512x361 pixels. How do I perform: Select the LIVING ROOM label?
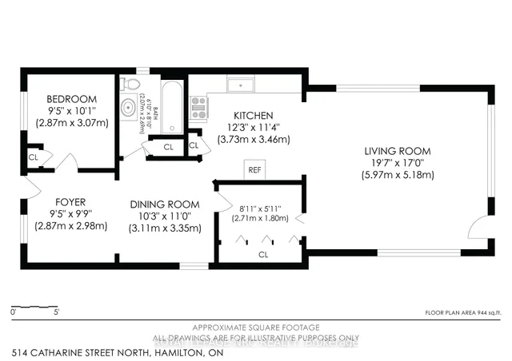398,151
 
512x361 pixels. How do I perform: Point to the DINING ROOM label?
165,204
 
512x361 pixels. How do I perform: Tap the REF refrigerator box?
254,170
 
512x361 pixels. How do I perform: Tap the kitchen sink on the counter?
238,85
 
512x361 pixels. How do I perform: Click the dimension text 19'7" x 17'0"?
398,163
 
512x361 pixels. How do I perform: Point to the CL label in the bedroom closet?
33,157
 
